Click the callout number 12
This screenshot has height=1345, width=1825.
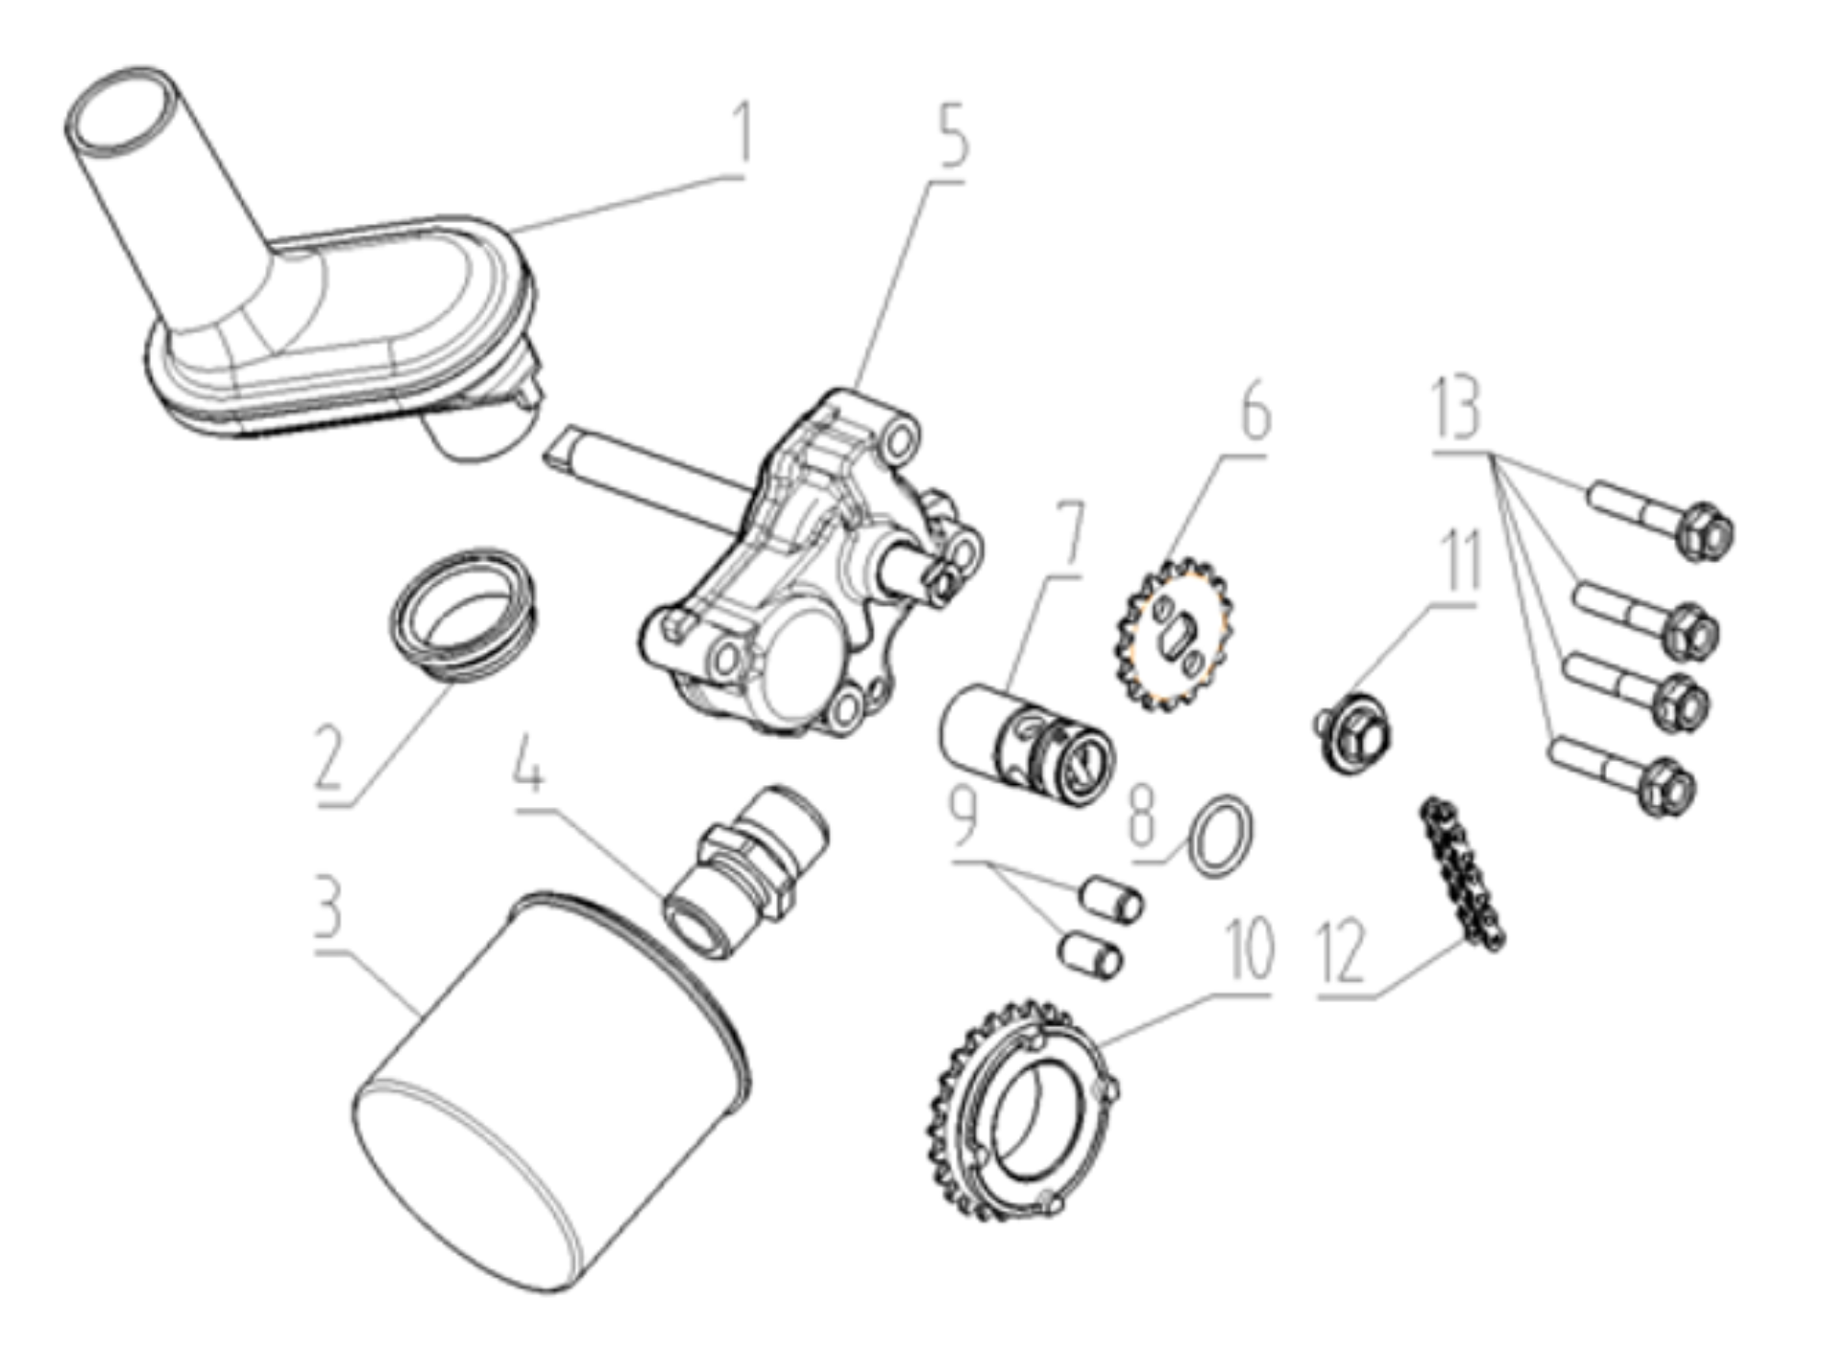coord(1343,950)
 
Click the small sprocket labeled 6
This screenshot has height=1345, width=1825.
coord(1174,635)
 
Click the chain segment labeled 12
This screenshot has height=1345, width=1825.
coord(1460,874)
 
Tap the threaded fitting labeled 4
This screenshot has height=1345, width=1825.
coord(744,869)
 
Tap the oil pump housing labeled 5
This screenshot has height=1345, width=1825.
coord(812,567)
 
